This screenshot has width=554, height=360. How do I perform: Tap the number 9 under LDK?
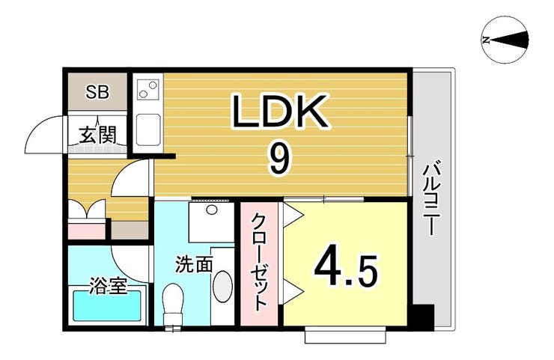point(278,158)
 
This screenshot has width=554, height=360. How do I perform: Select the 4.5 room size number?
point(345,269)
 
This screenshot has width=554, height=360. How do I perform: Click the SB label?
point(97,93)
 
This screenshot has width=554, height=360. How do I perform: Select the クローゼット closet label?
point(258,262)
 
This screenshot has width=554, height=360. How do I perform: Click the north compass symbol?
point(506,40)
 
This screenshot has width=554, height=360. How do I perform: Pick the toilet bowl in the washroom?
point(174,301)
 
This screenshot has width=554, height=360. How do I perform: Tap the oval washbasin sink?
point(223,286)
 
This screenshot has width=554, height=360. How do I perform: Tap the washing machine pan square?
point(212,222)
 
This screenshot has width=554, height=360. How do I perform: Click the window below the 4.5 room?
point(345,335)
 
